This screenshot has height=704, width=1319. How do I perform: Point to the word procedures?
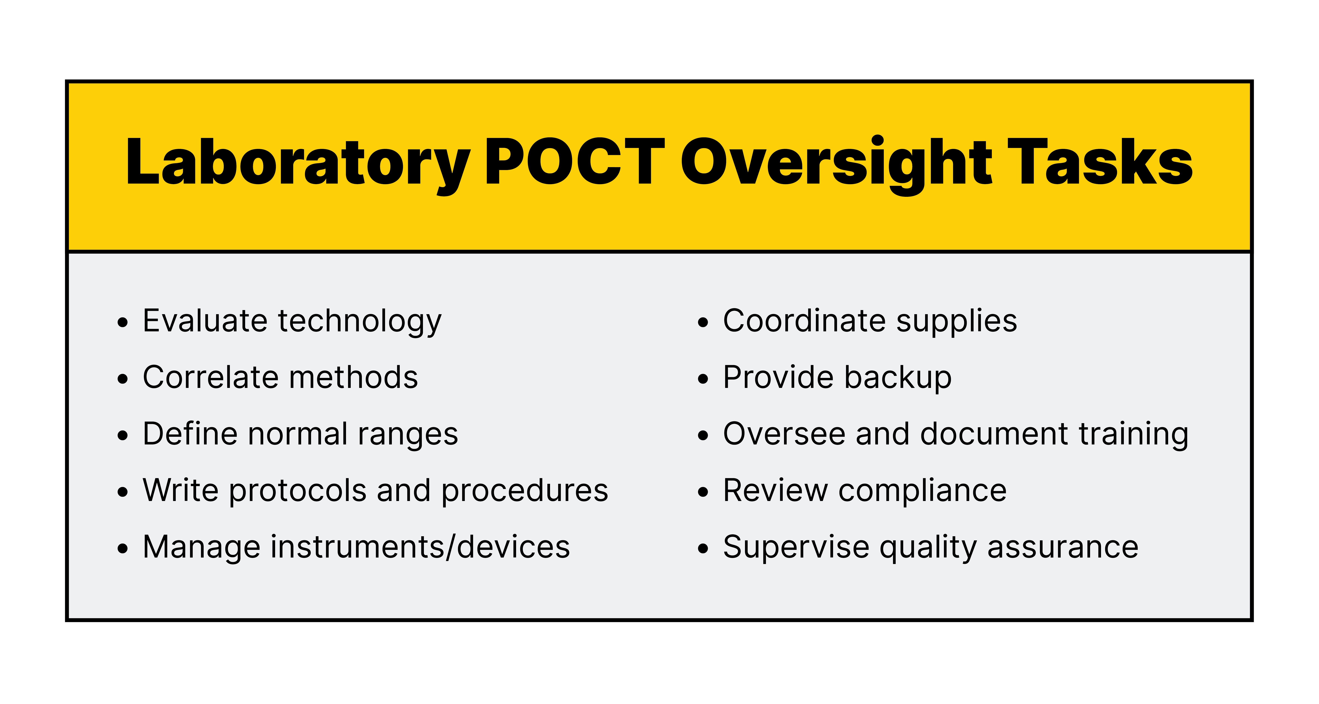(525, 492)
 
